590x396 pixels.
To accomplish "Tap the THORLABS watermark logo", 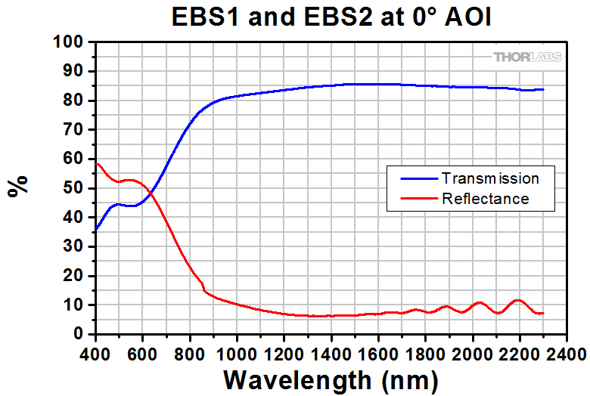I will [x=527, y=57].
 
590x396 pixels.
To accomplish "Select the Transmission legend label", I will [x=489, y=179].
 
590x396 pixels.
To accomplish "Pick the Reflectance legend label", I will [x=484, y=199].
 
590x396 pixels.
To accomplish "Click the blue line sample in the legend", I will [x=413, y=179].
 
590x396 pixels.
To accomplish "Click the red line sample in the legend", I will [x=413, y=199].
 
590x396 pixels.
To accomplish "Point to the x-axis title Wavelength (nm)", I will [x=331, y=377].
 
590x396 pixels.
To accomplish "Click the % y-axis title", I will [x=18, y=185].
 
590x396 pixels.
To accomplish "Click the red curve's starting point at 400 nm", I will [x=96, y=163].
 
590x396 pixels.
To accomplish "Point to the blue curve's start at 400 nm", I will [x=96, y=229].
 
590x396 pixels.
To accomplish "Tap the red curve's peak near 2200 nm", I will [x=518, y=300].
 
